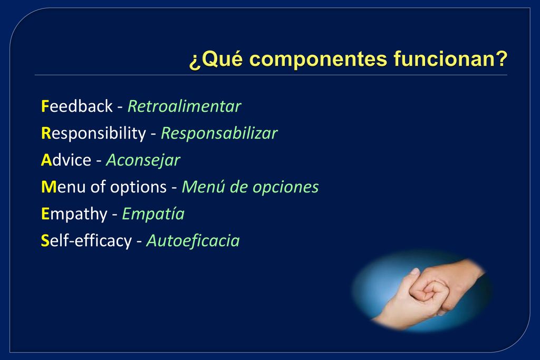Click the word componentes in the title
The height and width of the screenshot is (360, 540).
click(318, 60)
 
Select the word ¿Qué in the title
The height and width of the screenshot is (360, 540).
click(216, 60)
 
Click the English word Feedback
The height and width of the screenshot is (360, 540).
click(77, 106)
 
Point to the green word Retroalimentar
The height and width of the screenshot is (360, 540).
click(184, 106)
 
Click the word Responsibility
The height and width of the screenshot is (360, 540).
click(93, 133)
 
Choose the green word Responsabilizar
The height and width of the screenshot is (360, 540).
click(219, 133)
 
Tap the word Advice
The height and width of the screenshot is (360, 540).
click(66, 160)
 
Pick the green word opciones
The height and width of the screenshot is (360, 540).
click(285, 188)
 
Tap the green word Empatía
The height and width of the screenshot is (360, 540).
click(153, 213)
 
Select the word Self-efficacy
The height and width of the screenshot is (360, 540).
click(86, 241)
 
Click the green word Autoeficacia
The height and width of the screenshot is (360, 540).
click(193, 241)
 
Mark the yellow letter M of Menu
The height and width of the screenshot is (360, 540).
click(49, 187)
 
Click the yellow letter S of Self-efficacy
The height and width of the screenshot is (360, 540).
click(45, 240)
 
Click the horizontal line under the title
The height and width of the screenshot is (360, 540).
click(271, 75)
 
